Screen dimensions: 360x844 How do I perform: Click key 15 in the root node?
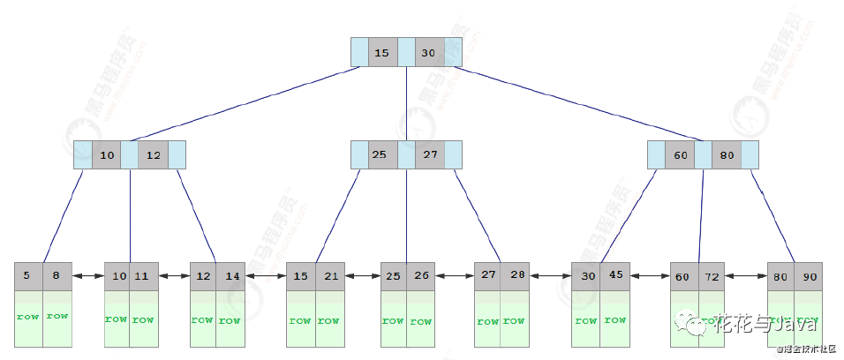tap(382, 53)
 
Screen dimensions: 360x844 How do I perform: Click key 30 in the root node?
tap(429, 53)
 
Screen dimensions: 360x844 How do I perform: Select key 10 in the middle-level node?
tap(107, 155)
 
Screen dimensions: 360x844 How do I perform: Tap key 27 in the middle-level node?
tap(430, 155)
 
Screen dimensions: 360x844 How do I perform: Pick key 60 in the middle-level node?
tap(680, 155)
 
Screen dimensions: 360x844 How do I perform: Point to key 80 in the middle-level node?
tap(727, 155)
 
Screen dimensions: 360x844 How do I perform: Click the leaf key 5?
tap(28, 276)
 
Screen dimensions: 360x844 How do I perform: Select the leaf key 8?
tap(57, 276)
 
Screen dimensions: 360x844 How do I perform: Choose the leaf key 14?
tap(231, 276)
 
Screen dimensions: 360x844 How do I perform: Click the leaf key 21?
tap(329, 276)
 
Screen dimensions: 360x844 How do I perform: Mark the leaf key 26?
tap(422, 276)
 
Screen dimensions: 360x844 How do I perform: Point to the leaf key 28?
tap(516, 276)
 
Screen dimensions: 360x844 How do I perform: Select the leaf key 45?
tap(615, 276)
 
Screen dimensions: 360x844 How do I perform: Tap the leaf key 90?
tap(810, 276)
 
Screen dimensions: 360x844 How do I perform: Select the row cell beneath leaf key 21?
tap(329, 319)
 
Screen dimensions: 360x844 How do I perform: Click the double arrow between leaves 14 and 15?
tap(267, 276)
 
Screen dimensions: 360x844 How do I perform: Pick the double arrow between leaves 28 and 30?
tap(552, 276)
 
